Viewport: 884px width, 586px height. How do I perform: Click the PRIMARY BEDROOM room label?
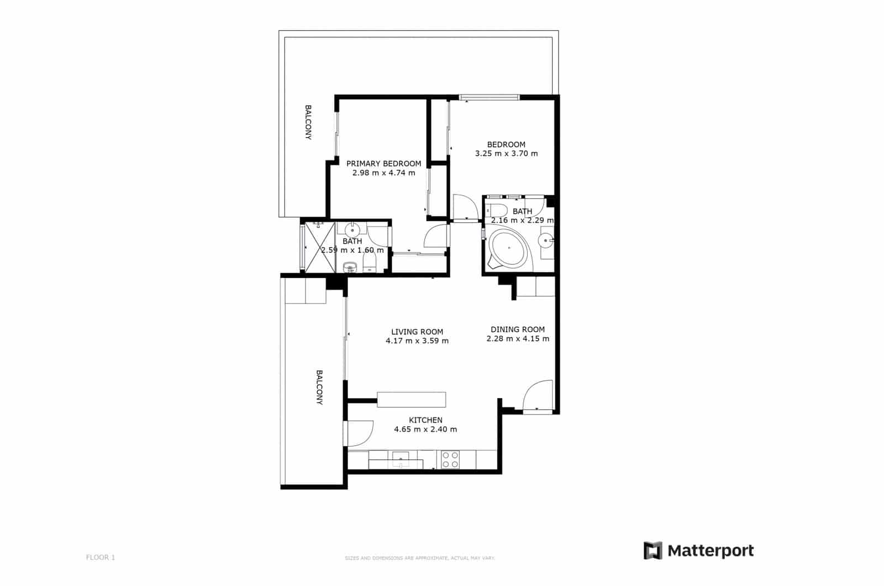383,164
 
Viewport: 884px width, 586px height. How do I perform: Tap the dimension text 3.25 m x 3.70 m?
506,154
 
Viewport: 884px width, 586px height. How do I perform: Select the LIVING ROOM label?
417,332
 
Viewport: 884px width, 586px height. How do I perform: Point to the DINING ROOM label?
518,329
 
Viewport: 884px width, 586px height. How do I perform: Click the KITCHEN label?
425,420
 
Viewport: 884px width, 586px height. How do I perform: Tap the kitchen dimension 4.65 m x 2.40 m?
425,430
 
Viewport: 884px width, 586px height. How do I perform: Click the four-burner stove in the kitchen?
450,460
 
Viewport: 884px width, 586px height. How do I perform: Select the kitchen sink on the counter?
401,459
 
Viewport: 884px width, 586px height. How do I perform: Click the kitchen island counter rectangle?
411,399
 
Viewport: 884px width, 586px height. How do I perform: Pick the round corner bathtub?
508,250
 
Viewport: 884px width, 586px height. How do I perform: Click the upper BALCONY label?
308,122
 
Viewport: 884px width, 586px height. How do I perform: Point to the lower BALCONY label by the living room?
319,388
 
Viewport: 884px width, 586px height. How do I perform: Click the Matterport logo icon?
653,551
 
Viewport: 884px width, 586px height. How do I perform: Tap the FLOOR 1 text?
101,557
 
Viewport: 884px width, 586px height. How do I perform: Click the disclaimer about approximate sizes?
420,558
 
